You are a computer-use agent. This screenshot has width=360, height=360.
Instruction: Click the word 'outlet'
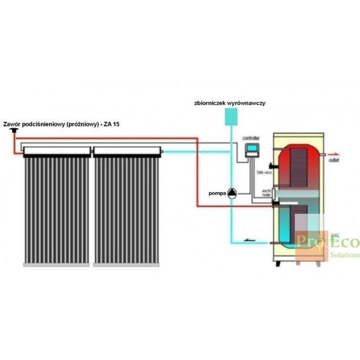tap(334, 161)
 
